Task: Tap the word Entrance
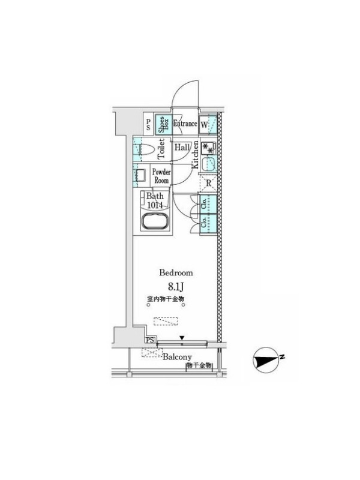point(185,124)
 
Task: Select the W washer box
point(205,125)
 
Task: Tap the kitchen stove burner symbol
point(208,147)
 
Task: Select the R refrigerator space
point(208,183)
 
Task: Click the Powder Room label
point(161,176)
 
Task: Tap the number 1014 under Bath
point(155,205)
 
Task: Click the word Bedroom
point(175,272)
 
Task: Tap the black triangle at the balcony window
point(182,338)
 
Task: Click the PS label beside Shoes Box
point(148,124)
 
